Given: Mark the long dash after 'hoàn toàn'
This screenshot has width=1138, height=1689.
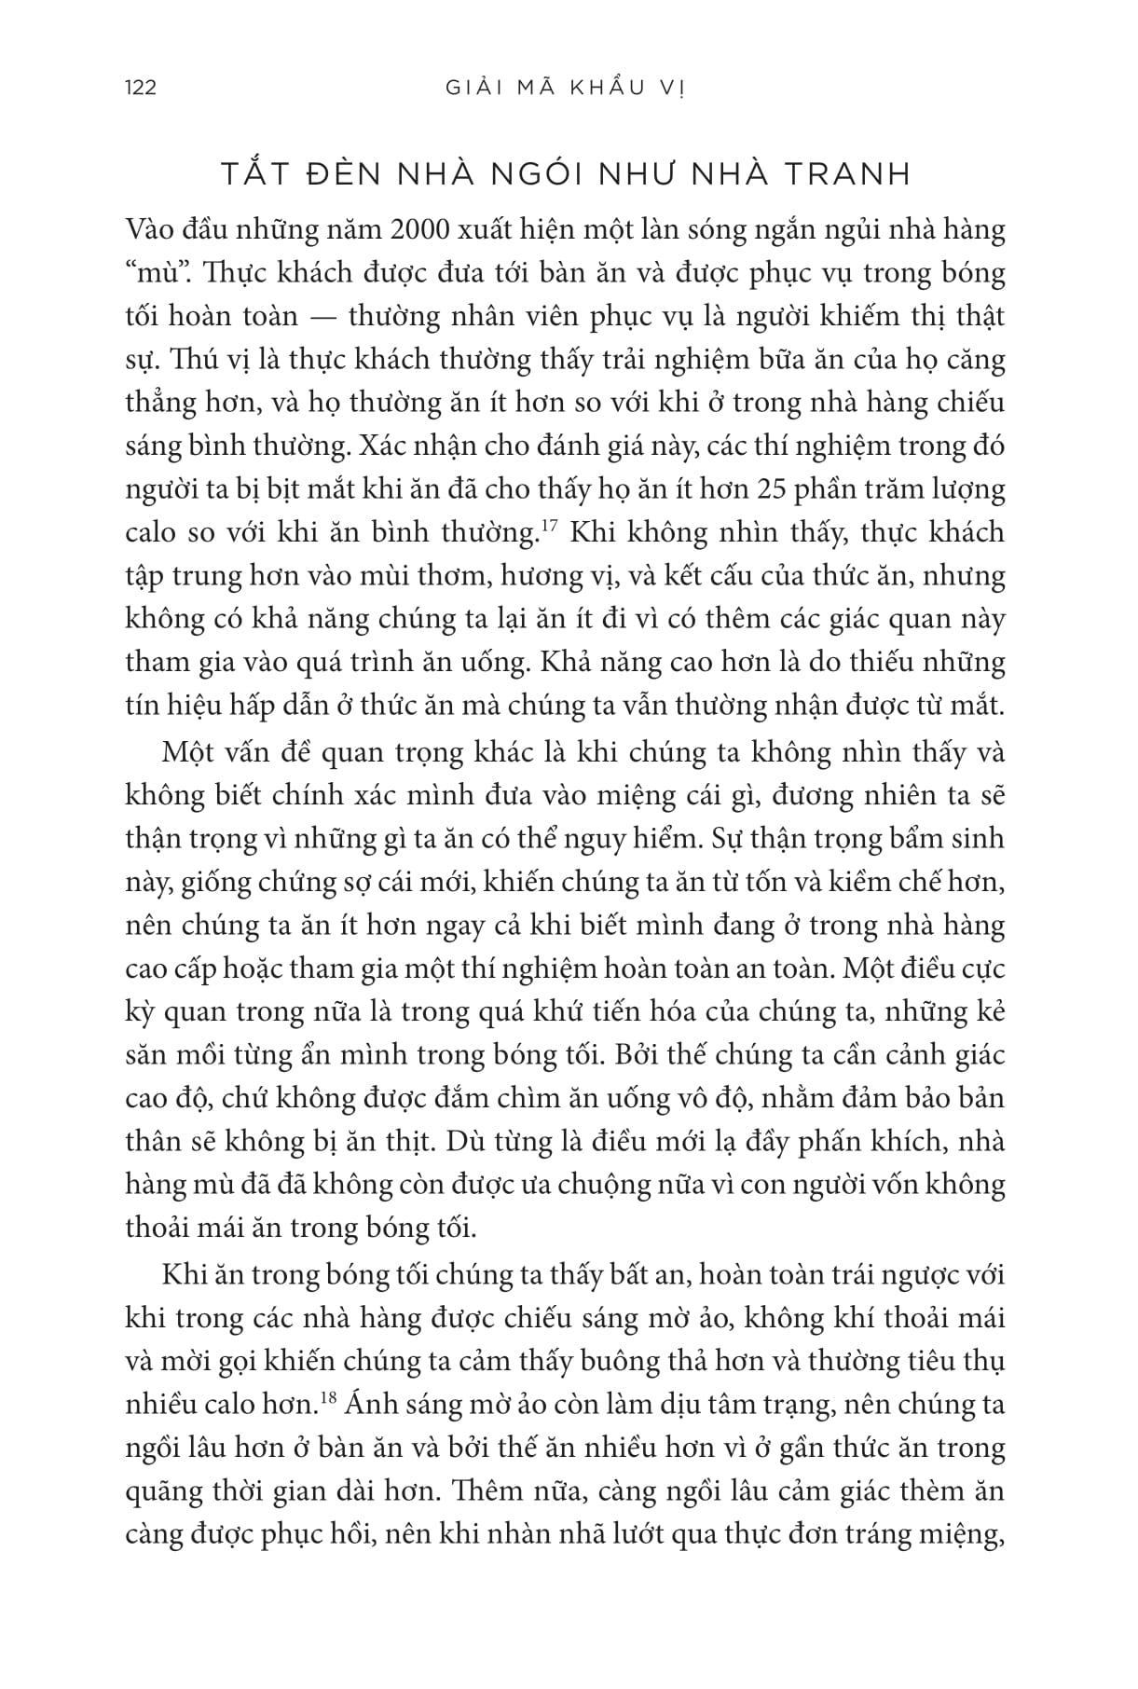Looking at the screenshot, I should (322, 317).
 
